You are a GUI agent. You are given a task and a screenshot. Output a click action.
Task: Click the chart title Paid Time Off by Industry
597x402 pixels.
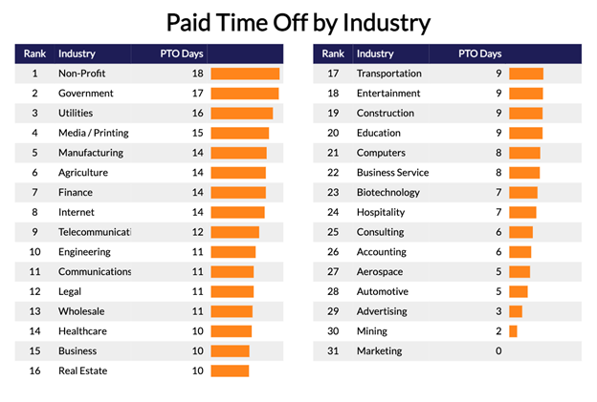(x=298, y=22)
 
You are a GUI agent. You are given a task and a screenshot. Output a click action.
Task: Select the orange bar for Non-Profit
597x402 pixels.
(x=245, y=74)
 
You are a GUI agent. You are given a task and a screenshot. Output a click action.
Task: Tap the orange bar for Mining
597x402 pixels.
(x=513, y=331)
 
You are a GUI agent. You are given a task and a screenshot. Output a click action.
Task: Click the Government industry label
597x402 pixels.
(x=86, y=94)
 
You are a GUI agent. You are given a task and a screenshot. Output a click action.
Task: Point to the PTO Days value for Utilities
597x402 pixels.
(x=196, y=114)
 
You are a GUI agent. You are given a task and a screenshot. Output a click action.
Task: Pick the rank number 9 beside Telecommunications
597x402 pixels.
(x=34, y=232)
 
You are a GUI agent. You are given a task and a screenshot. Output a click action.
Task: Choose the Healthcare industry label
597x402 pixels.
(x=83, y=331)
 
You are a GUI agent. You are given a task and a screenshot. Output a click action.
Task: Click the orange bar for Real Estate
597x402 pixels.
(x=230, y=371)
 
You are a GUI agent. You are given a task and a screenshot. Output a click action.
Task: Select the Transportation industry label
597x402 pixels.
(x=388, y=74)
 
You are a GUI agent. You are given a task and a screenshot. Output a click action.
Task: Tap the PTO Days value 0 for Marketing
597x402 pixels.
(x=497, y=351)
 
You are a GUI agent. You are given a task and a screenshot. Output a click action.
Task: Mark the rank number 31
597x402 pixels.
(x=333, y=351)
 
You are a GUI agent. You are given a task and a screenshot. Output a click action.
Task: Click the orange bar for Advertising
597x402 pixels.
(x=516, y=311)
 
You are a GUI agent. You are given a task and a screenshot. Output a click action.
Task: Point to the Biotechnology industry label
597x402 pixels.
(x=388, y=193)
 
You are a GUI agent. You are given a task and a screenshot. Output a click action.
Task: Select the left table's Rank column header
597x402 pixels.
(x=34, y=53)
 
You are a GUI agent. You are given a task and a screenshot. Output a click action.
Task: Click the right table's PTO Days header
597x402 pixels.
(x=479, y=53)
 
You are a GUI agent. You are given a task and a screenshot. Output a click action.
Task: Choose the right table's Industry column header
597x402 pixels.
(x=375, y=53)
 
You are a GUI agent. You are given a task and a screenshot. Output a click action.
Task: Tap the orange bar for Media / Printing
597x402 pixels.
(x=240, y=134)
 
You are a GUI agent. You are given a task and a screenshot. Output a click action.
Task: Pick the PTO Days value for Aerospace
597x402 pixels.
(x=497, y=272)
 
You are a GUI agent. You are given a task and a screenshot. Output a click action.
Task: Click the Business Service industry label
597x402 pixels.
(x=392, y=173)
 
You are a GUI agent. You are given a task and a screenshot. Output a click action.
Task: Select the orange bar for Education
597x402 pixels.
(x=525, y=133)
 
